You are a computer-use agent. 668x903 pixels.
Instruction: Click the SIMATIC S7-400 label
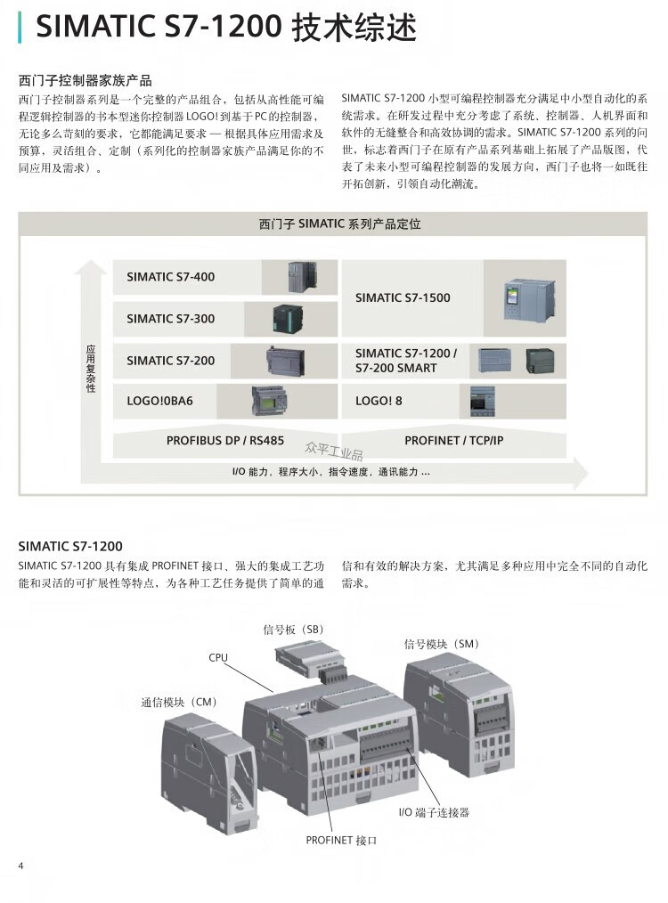pyautogui.click(x=170, y=277)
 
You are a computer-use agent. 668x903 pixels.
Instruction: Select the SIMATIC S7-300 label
pyautogui.click(x=170, y=319)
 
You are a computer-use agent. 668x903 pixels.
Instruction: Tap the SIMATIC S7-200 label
pyautogui.click(x=170, y=361)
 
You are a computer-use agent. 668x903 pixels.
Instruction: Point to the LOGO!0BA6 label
pyautogui.click(x=159, y=401)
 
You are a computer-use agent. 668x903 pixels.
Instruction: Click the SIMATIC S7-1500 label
pyautogui.click(x=403, y=297)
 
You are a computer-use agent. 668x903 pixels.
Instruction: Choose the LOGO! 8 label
pyautogui.click(x=379, y=401)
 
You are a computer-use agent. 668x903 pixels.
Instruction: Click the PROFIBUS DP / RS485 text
pyautogui.click(x=225, y=441)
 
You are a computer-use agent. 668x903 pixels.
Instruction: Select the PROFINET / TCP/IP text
pyautogui.click(x=453, y=441)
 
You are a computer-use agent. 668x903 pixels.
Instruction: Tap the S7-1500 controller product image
pyautogui.click(x=529, y=299)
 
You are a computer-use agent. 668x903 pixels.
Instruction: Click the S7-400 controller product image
pyautogui.click(x=302, y=277)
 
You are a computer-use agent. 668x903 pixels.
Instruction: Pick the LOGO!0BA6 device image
pyautogui.click(x=269, y=401)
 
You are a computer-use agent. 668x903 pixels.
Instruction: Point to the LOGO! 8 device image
pyautogui.click(x=483, y=402)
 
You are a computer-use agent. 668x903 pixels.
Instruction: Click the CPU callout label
pyautogui.click(x=218, y=658)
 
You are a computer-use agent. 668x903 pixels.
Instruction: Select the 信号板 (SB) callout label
pyautogui.click(x=293, y=630)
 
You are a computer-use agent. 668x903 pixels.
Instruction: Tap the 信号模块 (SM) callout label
pyautogui.click(x=442, y=644)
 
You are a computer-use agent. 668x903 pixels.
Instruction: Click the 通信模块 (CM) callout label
pyautogui.click(x=178, y=702)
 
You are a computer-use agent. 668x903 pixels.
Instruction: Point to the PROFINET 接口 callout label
pyautogui.click(x=341, y=841)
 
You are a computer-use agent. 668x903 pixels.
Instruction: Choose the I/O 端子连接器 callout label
pyautogui.click(x=435, y=812)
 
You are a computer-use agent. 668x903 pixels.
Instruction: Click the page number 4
pyautogui.click(x=21, y=866)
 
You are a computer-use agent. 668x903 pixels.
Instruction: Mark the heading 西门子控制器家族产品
pyautogui.click(x=86, y=80)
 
